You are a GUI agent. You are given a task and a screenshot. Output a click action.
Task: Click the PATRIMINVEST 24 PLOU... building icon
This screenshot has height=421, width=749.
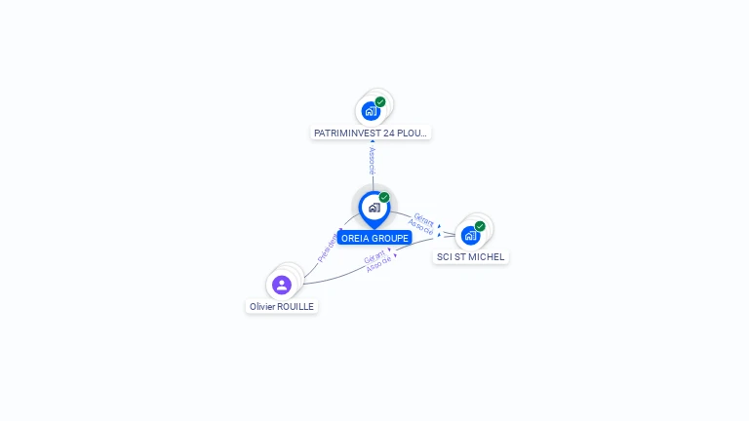click(370, 111)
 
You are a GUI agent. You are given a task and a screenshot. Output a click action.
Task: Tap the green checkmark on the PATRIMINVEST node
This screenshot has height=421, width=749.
click(380, 101)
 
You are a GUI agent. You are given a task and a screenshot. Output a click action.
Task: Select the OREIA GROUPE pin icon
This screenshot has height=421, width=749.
click(374, 208)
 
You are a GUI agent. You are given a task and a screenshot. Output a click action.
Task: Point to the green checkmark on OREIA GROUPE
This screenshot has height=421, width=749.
click(384, 197)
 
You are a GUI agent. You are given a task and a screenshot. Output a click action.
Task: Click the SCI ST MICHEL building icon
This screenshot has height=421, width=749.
click(470, 236)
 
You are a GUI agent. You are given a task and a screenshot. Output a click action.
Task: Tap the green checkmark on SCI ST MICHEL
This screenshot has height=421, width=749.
click(480, 226)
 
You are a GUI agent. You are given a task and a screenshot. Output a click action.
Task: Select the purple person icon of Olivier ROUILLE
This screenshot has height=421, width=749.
click(282, 285)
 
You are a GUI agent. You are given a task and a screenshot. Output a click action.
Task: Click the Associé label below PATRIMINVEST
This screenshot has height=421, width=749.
click(372, 161)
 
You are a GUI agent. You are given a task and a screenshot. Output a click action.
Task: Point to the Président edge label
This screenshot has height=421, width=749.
click(329, 247)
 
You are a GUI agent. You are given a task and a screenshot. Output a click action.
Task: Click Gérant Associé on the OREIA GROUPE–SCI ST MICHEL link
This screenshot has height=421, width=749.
click(422, 224)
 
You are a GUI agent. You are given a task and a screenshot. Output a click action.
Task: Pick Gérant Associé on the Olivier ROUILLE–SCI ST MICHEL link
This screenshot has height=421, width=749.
click(378, 261)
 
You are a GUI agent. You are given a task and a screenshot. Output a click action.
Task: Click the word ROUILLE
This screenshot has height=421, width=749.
click(296, 306)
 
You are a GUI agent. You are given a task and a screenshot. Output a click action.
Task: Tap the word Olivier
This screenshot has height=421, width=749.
click(262, 306)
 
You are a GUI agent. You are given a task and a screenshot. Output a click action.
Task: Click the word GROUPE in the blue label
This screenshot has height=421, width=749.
click(389, 238)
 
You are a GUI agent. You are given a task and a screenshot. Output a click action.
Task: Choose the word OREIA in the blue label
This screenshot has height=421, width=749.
click(355, 238)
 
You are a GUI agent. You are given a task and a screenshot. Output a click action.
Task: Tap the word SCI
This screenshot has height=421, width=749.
click(445, 257)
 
